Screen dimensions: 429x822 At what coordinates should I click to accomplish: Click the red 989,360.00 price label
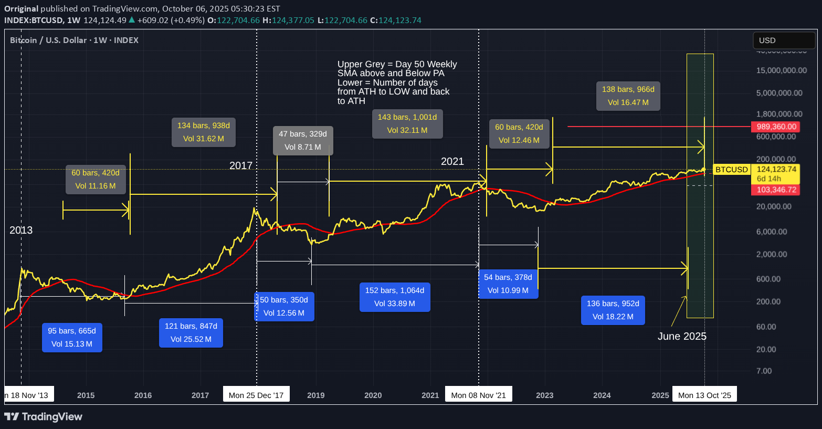tap(776, 127)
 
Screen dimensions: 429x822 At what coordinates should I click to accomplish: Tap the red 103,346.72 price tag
tap(776, 190)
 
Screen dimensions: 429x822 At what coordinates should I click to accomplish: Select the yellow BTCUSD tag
tap(731, 170)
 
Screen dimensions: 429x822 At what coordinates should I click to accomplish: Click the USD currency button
tap(784, 40)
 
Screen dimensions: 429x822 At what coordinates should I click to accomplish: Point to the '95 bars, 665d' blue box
tap(72, 338)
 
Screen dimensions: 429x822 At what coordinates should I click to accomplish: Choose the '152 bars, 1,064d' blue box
tap(395, 297)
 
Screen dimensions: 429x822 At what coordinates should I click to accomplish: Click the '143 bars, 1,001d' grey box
tap(407, 123)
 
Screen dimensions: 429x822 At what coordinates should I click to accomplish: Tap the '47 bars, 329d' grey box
tap(303, 140)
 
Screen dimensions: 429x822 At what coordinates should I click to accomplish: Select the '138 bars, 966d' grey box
tap(628, 96)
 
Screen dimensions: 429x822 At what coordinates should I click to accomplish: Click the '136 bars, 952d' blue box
tap(613, 310)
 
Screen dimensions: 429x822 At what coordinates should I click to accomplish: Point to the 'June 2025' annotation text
tap(682, 336)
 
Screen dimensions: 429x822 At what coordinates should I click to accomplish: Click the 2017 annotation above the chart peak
tap(241, 165)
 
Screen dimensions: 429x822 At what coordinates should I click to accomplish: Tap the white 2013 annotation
tap(21, 230)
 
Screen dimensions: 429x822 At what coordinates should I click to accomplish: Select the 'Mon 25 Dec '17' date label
tap(256, 395)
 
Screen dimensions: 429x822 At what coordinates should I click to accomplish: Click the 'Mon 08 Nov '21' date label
tap(479, 395)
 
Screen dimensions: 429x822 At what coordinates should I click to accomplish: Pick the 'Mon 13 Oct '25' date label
tap(704, 395)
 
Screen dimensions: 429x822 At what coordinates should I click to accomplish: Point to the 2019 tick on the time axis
tap(315, 395)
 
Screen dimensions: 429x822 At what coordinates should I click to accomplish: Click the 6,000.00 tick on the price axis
tap(772, 232)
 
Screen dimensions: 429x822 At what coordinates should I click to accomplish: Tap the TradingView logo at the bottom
tap(44, 416)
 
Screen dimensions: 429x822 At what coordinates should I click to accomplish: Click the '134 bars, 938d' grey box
tap(204, 132)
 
